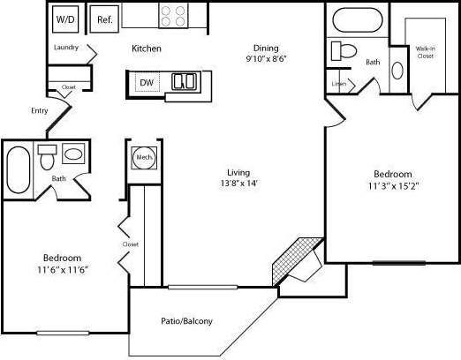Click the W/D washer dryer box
pyautogui.click(x=64, y=19)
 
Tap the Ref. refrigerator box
pyautogui.click(x=104, y=19)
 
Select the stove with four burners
pyautogui.click(x=173, y=16)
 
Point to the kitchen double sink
pyautogui.click(x=185, y=82)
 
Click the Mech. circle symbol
pyautogui.click(x=143, y=158)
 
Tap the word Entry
pyautogui.click(x=40, y=110)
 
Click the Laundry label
pyautogui.click(x=66, y=48)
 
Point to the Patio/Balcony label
pyautogui.click(x=187, y=321)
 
